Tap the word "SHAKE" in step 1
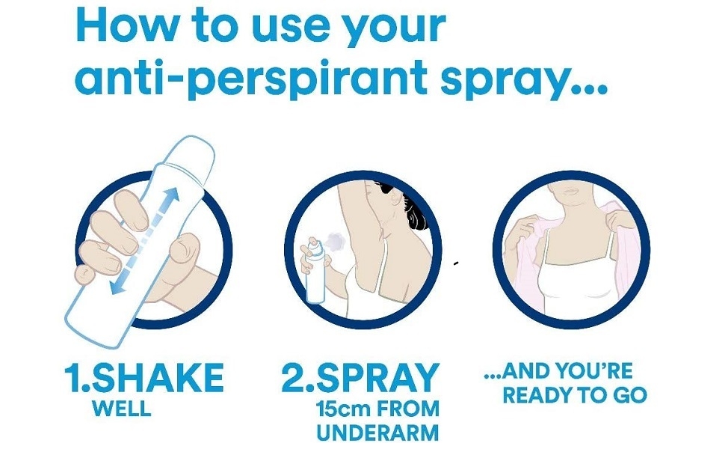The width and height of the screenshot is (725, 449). (x=158, y=377)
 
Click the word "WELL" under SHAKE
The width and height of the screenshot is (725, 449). (x=122, y=408)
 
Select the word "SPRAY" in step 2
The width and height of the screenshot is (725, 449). (x=377, y=378)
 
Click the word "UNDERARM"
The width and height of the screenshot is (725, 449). (x=377, y=433)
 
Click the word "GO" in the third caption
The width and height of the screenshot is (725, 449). (x=630, y=395)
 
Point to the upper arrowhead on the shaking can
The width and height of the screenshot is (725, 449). (x=171, y=195)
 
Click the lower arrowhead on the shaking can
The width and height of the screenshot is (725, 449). (x=118, y=287)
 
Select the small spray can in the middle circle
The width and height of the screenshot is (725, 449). (x=315, y=270)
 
